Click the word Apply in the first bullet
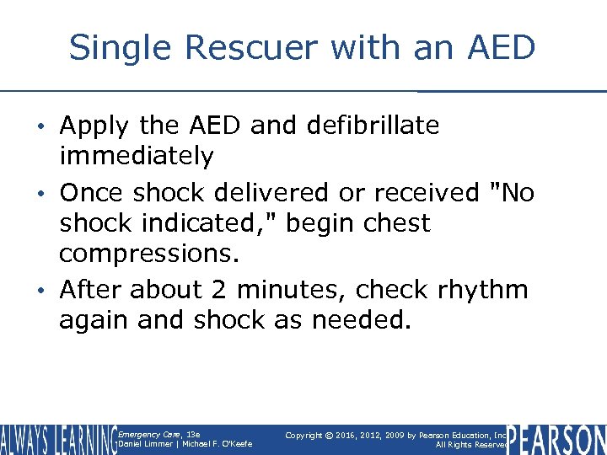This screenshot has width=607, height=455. (93, 126)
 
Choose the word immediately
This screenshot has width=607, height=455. (136, 157)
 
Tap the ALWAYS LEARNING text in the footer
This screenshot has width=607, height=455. (57, 440)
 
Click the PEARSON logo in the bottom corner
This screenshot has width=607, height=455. (556, 440)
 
